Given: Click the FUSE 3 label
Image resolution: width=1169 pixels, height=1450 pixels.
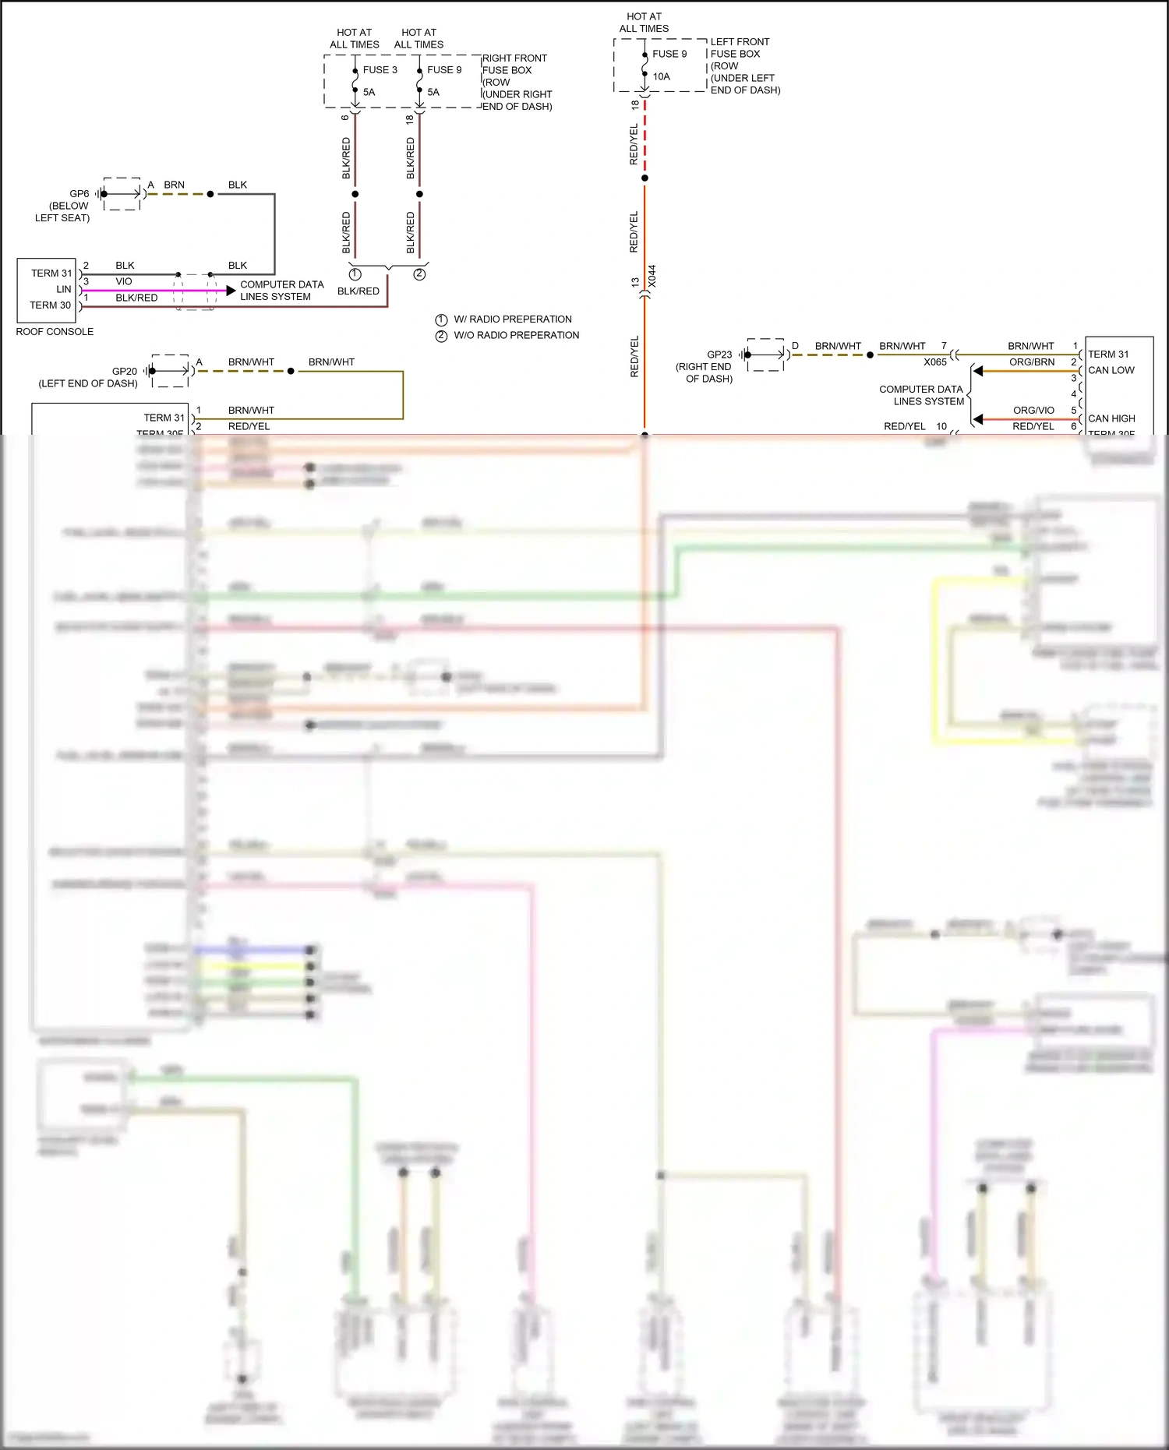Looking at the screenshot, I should pos(380,70).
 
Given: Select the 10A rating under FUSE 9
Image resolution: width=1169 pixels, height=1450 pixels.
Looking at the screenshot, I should pos(661,76).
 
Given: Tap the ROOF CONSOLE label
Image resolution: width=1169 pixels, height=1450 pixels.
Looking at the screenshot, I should pos(55,332).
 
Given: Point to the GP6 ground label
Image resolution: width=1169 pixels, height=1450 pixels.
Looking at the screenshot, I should pos(79,194).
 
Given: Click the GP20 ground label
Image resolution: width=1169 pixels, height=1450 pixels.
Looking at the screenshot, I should pos(125,372).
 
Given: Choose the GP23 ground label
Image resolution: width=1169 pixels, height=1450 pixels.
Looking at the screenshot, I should pos(719,355).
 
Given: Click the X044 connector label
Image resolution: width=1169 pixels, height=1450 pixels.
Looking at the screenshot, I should pos(652,276).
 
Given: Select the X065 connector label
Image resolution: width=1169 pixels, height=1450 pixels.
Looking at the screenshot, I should pos(935,362).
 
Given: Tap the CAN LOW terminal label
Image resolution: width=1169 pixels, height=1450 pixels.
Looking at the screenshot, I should pos(1111,370).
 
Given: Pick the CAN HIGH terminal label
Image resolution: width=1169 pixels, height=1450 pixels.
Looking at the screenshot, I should pos(1111,418).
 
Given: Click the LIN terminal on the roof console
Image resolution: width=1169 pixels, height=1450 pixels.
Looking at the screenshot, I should pos(64,289).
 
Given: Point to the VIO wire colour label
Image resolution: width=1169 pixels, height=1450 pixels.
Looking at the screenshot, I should pos(124,281).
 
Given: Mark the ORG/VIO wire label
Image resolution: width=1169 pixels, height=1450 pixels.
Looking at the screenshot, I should pos(1033,411).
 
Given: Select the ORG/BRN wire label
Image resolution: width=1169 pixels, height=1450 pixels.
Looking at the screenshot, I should pos(1032,362).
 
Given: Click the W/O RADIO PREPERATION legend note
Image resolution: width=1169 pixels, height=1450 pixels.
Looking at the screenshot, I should pos(517,335).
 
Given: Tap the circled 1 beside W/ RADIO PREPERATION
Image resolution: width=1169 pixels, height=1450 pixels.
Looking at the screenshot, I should pos(441,319).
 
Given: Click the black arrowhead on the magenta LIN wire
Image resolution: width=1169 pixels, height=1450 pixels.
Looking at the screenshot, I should pos(231,291).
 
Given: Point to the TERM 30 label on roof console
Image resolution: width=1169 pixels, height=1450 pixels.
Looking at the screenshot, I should pos(50,305).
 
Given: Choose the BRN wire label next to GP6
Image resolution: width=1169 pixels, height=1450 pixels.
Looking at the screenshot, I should pos(174,185).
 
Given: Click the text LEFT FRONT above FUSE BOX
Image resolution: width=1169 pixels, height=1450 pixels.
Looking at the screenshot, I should pos(740,42).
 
